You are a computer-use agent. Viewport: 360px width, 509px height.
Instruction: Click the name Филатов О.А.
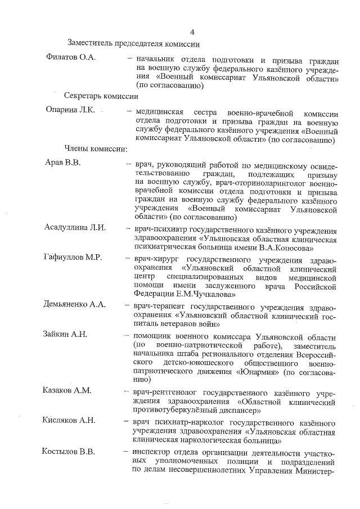pos(71,58)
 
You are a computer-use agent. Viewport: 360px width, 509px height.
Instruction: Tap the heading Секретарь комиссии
pos(101,96)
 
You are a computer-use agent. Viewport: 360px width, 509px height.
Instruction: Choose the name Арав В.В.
pos(63,163)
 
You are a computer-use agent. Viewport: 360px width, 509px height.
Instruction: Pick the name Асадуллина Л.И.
pos(78,228)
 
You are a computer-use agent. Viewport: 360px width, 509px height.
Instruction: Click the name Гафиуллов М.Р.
pos(73,258)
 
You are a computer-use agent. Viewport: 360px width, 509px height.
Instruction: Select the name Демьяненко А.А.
pos(75,305)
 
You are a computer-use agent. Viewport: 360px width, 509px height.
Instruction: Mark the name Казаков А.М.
pos(68,390)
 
